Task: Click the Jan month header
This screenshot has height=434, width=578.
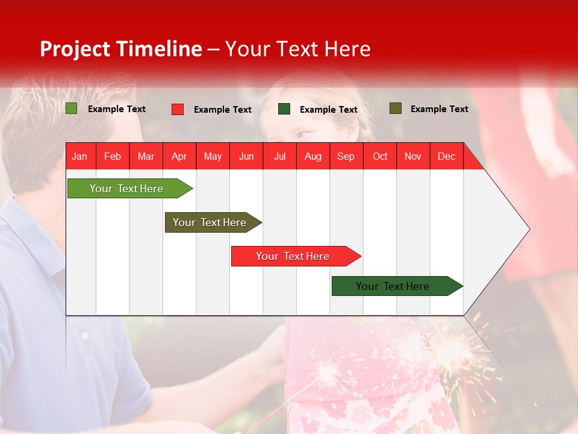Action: click(79, 156)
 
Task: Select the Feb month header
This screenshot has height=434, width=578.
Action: click(113, 156)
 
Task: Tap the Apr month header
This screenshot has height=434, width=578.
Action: click(179, 156)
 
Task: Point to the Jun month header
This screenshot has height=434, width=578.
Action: click(246, 156)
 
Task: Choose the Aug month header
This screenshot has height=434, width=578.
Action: click(312, 156)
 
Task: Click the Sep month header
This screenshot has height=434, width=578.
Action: click(346, 156)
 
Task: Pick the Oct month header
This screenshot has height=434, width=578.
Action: click(379, 156)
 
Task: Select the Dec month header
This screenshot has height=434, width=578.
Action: click(446, 156)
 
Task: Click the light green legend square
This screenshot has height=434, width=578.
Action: click(71, 108)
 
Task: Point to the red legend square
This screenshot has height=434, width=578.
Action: click(178, 109)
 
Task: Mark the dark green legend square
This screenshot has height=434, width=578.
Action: click(284, 109)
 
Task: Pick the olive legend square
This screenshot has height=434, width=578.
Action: click(395, 108)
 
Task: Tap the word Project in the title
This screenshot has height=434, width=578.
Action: click(75, 49)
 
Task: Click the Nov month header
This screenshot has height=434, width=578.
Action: click(412, 156)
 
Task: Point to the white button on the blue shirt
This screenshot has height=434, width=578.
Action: click(85, 335)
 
